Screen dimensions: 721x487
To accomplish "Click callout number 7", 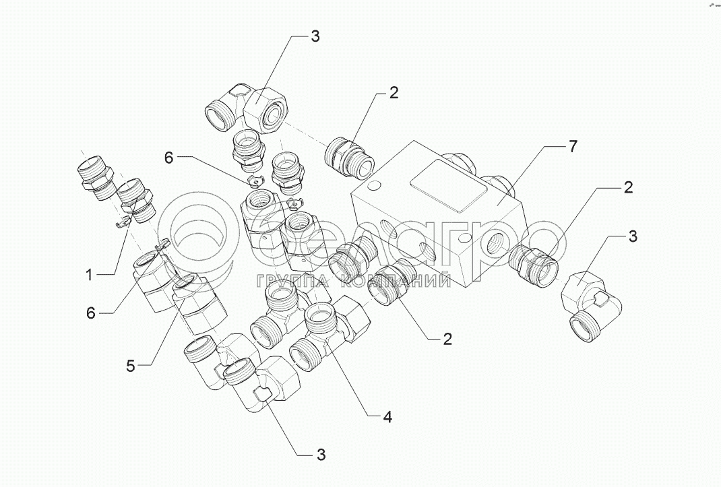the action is pos(572,147).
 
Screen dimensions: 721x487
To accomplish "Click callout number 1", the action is pos(90,275).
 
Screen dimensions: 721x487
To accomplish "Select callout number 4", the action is pos(387,417).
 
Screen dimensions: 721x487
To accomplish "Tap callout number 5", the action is pos(131,366).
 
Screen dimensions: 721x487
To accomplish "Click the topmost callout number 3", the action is pos(315,36).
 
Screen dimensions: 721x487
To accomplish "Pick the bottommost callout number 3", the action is pos(321,455).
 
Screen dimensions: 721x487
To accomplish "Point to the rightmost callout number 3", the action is pos(633,236).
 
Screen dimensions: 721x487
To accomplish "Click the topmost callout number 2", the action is pos(394,92).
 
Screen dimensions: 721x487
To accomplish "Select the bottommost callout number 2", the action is pos(447,339).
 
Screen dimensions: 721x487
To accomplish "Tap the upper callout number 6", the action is pos(168,158).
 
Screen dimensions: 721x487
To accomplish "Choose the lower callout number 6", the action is pos(90,313).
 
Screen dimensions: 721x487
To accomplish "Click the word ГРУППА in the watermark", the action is pos(290,281).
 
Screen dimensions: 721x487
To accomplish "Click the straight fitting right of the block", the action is pos(534,266).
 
